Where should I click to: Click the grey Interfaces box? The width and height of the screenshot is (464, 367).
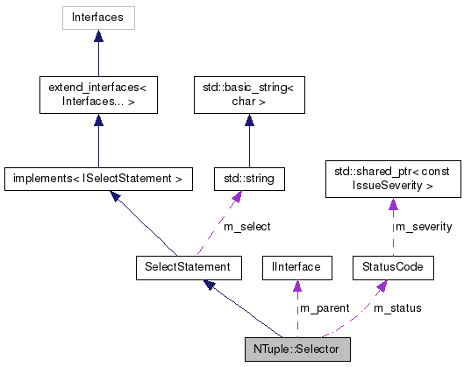tap(98, 17)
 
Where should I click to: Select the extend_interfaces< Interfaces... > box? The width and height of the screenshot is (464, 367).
tap(98, 95)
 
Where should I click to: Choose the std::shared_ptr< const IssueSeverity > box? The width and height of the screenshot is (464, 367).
tap(392, 179)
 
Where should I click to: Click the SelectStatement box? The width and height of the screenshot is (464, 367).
tap(182, 265)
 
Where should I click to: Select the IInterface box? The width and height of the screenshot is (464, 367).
tap(297, 265)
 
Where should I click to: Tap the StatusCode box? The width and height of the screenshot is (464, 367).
tap(392, 265)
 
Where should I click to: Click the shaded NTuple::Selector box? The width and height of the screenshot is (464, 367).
tap(297, 348)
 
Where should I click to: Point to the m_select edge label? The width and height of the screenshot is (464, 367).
tap(246, 227)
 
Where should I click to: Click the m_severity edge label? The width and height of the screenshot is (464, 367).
tap(424, 227)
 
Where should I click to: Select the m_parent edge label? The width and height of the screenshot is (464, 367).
tap(325, 308)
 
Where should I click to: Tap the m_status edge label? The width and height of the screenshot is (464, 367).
tap(397, 308)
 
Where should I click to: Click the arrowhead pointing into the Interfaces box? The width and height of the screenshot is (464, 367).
tap(98, 36)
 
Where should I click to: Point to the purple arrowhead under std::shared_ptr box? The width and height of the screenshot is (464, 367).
tap(392, 205)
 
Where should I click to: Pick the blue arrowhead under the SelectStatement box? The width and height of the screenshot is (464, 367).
tap(210, 286)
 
